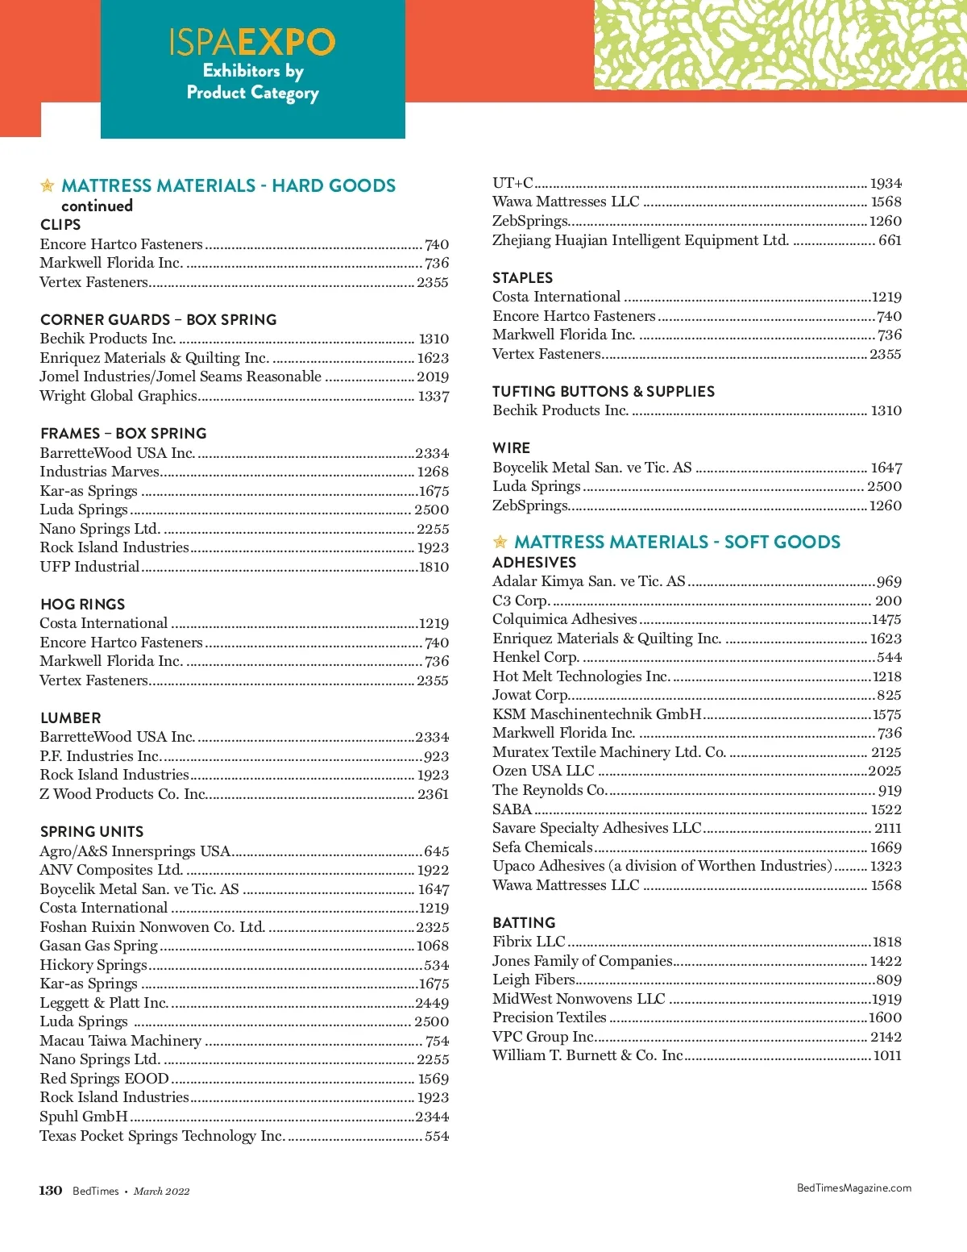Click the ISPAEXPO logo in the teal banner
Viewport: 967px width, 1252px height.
(x=252, y=42)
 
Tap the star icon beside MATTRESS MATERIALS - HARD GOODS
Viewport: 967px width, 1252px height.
(x=48, y=186)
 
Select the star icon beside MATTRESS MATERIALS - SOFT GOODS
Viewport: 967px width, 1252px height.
(x=500, y=542)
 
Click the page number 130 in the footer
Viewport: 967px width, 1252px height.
(x=51, y=1190)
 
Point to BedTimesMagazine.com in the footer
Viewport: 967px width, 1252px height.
(x=853, y=1188)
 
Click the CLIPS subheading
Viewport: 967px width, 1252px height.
(x=60, y=225)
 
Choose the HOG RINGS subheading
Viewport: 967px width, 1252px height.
(x=82, y=604)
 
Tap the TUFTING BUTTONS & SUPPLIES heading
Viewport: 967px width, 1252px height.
(x=604, y=391)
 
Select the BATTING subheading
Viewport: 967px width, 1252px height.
(x=524, y=922)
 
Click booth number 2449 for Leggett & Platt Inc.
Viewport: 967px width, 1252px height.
(x=432, y=1003)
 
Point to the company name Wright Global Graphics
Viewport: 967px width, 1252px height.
(x=118, y=396)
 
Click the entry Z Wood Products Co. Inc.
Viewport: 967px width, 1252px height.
(x=123, y=794)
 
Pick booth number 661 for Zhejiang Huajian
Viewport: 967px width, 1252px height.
(x=890, y=240)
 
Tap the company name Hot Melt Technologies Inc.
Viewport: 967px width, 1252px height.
(x=581, y=676)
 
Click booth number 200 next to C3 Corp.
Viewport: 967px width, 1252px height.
(x=888, y=601)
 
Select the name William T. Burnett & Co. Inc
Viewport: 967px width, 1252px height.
(x=587, y=1055)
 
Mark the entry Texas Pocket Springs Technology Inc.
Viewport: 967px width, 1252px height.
(x=162, y=1136)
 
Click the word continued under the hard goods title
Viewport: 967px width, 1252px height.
(x=97, y=206)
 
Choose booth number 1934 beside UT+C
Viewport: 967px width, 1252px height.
(x=886, y=183)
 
